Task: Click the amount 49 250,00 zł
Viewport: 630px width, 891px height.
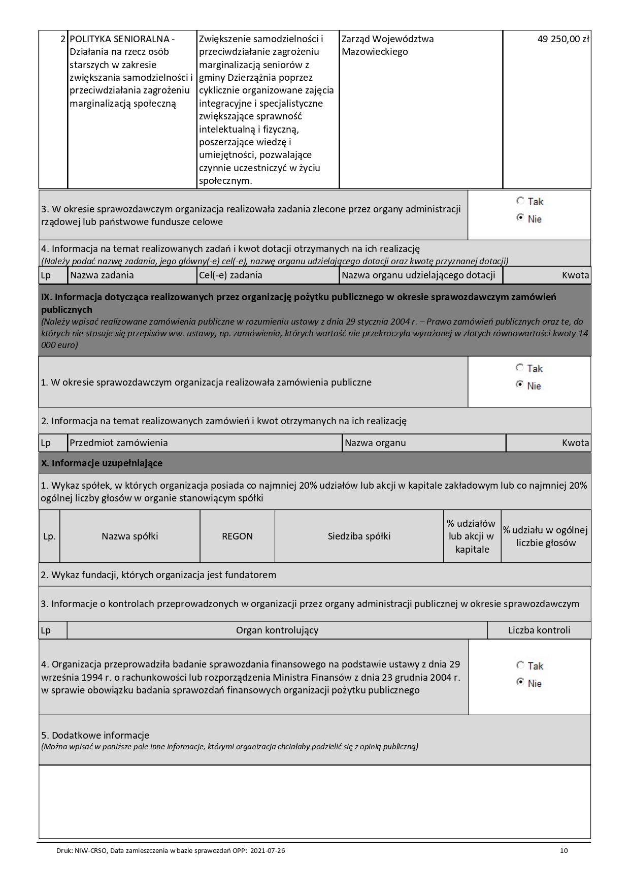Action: click(563, 39)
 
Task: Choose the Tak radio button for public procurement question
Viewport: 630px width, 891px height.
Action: click(519, 367)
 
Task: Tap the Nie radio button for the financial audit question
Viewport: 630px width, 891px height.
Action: click(520, 682)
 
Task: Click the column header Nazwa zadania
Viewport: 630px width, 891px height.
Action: click(102, 275)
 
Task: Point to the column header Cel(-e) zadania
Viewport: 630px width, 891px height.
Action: click(231, 275)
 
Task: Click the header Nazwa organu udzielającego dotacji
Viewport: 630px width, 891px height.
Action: click(418, 275)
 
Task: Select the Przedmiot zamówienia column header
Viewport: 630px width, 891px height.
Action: click(119, 443)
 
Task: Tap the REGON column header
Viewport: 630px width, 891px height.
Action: click(237, 536)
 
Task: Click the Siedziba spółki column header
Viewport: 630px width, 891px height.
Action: click(359, 536)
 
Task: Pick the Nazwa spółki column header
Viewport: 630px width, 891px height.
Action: click(130, 536)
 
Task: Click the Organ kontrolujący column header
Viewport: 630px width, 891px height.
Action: click(277, 630)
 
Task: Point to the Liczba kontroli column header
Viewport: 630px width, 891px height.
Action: click(539, 630)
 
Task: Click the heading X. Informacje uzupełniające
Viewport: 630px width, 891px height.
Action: click(102, 463)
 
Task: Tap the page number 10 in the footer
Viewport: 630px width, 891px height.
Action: click(564, 850)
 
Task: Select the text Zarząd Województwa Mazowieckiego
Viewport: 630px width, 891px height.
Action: click(387, 45)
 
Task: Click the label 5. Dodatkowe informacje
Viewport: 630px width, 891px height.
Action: click(95, 735)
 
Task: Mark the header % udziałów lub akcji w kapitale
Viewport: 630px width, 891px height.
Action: click(472, 536)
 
